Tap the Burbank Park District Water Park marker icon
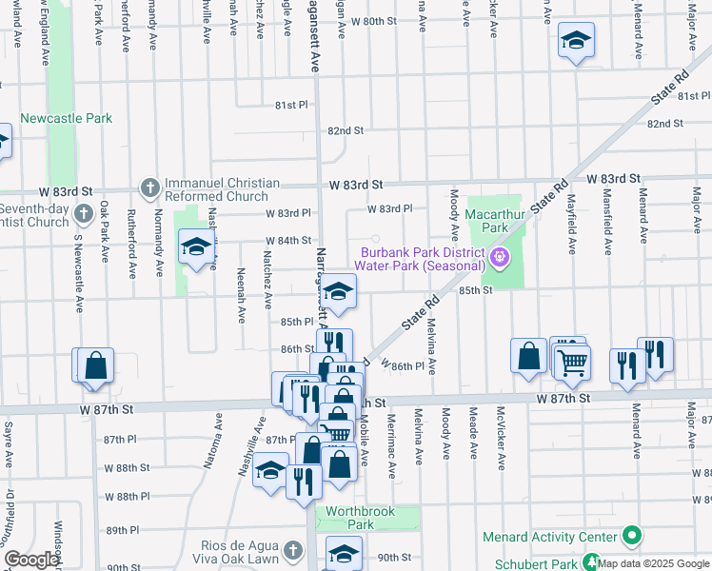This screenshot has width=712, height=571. click(x=498, y=257)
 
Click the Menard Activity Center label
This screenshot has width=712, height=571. click(x=549, y=537)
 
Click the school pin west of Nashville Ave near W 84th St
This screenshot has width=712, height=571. click(x=196, y=249)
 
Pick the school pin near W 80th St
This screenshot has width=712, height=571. click(x=575, y=42)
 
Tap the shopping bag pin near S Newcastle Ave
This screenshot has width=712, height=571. click(x=95, y=364)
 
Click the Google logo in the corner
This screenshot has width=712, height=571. click(x=31, y=560)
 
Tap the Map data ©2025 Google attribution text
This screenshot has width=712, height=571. click(x=653, y=563)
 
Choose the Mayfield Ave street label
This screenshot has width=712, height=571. click(x=572, y=229)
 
